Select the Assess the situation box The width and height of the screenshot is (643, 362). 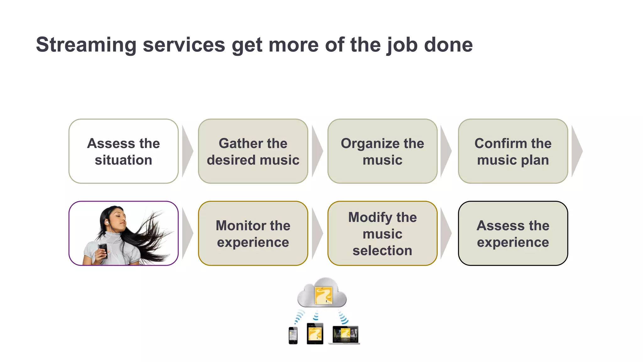123,151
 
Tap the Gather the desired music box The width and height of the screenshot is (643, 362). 253,151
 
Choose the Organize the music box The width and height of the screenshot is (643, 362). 382,151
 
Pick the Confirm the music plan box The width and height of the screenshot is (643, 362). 513,151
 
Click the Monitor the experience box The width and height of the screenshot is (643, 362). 253,233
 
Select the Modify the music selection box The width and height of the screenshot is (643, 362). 382,233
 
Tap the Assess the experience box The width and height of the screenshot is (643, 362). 513,233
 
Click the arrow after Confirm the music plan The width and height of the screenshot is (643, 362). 576,151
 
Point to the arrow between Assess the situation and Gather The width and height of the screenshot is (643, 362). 187,151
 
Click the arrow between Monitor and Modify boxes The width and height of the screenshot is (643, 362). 317,233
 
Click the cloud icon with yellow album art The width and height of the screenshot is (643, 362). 322,293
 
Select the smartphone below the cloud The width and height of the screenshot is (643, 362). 293,336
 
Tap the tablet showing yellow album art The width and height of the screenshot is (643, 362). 315,334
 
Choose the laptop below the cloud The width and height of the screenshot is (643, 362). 345,335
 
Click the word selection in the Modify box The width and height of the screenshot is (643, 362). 382,251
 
